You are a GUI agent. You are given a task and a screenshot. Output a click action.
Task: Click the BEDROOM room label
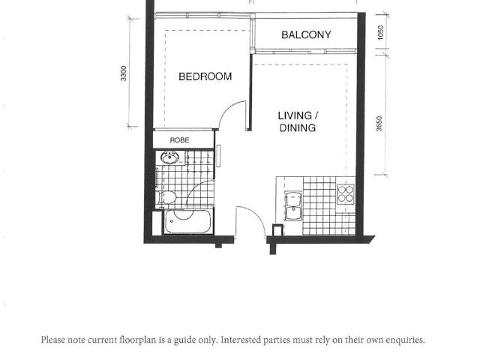205,76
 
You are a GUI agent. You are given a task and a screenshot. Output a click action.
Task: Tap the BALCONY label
306,35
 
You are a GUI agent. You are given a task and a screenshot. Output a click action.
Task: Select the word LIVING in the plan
295,115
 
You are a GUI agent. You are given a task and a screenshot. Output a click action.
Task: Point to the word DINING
298,128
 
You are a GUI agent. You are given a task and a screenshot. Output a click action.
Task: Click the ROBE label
179,140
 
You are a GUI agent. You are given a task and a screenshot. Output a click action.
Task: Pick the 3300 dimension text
124,74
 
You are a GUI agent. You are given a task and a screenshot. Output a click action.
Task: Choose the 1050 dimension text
381,34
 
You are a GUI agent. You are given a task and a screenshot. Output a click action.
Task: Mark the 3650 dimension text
379,124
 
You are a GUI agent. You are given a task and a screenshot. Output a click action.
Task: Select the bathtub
188,222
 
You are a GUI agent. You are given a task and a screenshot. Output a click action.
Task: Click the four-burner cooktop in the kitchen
345,195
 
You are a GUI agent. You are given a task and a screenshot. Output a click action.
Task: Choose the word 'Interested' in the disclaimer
244,340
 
